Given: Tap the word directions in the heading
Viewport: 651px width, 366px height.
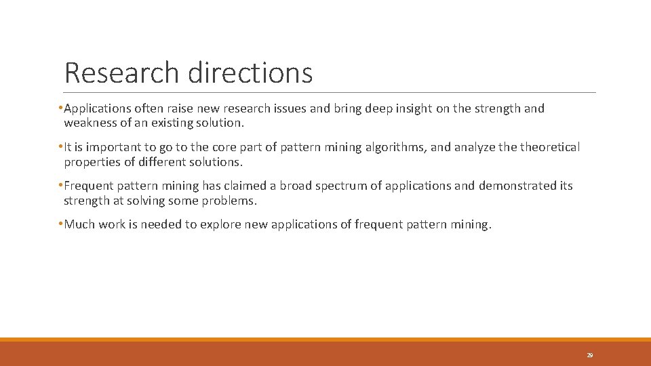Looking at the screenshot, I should pyautogui.click(x=250, y=73).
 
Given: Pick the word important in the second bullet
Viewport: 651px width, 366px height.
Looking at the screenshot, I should pyautogui.click(x=110, y=147).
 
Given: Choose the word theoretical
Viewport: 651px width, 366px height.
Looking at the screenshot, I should pyautogui.click(x=547, y=147).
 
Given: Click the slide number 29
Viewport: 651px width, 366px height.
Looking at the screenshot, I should pyautogui.click(x=589, y=355).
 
